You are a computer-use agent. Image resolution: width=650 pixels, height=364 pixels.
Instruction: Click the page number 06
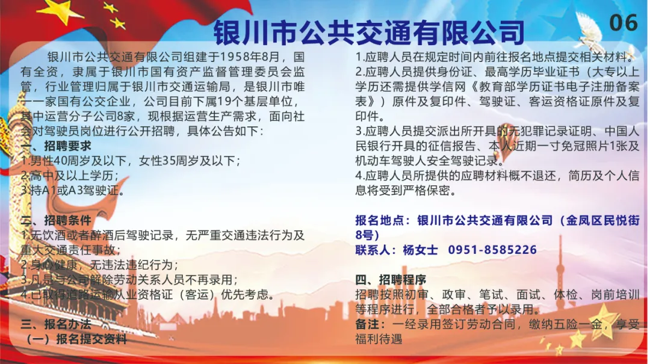click(623, 22)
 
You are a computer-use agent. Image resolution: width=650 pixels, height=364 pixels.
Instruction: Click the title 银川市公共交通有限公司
click(369, 32)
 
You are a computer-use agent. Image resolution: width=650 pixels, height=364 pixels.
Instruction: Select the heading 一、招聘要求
click(56, 146)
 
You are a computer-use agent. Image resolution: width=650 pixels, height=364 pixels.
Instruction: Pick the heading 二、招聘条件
click(56, 221)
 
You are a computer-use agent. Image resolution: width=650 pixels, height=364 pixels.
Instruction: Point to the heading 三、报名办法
click(56, 324)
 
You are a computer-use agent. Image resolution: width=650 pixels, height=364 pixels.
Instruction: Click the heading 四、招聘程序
click(391, 280)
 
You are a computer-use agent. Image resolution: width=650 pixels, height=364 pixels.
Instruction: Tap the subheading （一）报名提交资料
click(76, 339)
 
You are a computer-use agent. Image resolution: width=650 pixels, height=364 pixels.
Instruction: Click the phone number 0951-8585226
click(492, 250)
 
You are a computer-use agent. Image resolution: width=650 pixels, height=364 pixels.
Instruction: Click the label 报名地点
click(379, 220)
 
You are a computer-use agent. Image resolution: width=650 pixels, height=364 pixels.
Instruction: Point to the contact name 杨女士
click(420, 250)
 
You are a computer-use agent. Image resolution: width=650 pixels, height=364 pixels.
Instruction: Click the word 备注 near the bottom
click(367, 324)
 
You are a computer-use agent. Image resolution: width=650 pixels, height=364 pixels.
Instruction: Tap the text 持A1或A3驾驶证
click(75, 191)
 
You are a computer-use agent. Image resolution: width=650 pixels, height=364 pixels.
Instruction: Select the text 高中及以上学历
click(71, 176)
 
